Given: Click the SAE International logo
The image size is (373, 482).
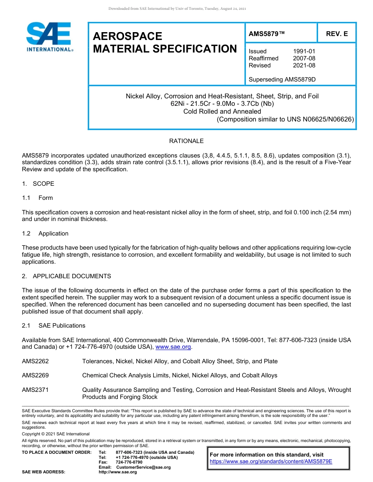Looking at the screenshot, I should (49, 37).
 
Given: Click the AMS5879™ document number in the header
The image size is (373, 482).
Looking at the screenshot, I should (267, 34).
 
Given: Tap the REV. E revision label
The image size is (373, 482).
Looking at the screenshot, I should (337, 34).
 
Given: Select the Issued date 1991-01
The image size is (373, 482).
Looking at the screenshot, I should (304, 51).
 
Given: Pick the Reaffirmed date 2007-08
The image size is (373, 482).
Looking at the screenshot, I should (304, 58).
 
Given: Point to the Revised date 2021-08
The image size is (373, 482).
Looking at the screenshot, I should (304, 65).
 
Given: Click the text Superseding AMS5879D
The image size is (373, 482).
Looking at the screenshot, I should (282, 80).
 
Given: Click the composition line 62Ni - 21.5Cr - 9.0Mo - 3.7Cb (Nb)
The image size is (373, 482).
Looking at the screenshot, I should (222, 104).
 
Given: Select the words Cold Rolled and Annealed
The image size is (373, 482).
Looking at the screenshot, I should (222, 111).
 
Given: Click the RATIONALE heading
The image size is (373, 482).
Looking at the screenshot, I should (186, 141).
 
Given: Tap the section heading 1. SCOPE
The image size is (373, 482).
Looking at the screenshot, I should (38, 184).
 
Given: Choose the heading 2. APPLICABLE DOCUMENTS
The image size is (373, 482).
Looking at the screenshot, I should (66, 276).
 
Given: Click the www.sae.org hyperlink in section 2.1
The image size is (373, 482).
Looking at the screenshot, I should (173, 347).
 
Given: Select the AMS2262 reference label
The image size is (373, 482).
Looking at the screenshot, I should (35, 361).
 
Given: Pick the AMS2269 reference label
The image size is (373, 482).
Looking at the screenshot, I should (35, 375).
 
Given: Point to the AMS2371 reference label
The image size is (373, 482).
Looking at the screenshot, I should (35, 390).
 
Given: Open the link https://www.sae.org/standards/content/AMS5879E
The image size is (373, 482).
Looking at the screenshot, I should (271, 462).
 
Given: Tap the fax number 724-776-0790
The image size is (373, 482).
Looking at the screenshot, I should (129, 462).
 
